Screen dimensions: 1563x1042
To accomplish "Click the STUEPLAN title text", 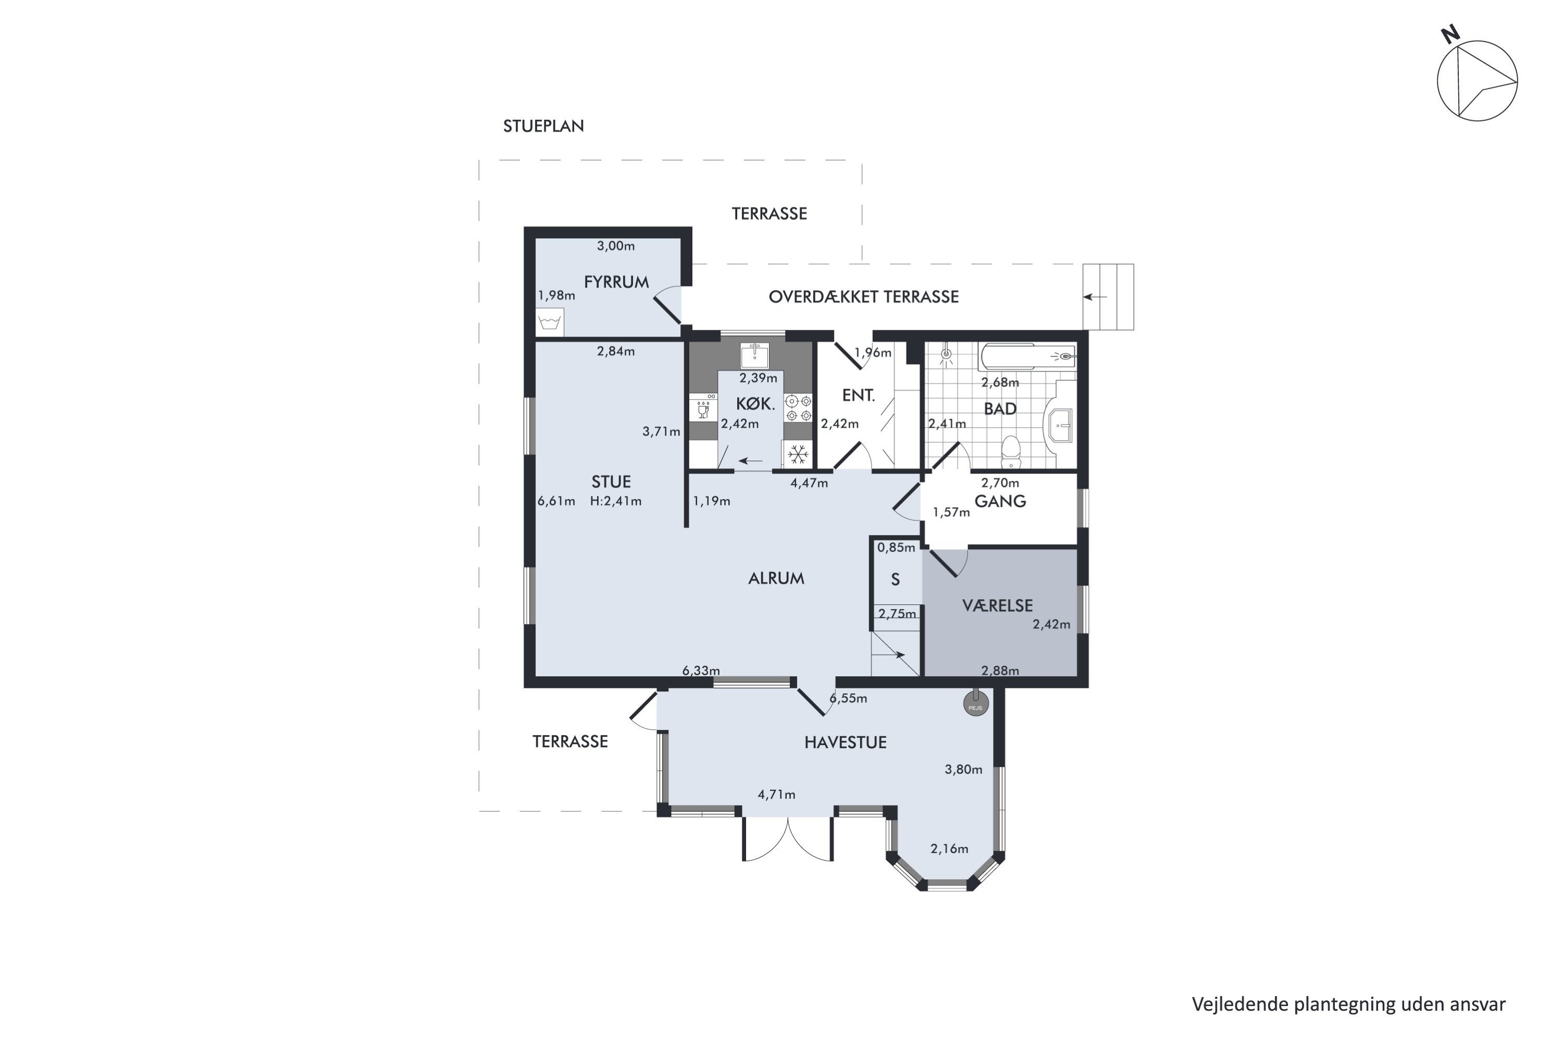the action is pyautogui.click(x=543, y=126).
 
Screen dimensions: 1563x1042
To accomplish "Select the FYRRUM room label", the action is pyautogui.click(x=616, y=282).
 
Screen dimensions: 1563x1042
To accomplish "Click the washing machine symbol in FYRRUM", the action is pyautogui.click(x=550, y=323).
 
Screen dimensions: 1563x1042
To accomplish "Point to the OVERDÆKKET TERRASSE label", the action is pyautogui.click(x=863, y=296).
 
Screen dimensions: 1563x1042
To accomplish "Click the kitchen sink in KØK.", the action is pyautogui.click(x=754, y=355).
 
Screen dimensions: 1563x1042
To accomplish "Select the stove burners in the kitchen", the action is pyautogui.click(x=798, y=408).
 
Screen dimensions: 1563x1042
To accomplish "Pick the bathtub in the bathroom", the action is pyautogui.click(x=1027, y=357).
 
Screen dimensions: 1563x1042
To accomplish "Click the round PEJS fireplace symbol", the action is pyautogui.click(x=975, y=703).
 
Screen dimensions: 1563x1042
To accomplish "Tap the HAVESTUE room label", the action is pyautogui.click(x=845, y=742).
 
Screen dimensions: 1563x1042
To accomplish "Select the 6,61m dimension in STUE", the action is pyautogui.click(x=556, y=501).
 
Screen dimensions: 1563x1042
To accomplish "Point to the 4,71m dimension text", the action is pyautogui.click(x=776, y=794).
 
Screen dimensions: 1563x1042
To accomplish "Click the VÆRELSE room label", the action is pyautogui.click(x=998, y=605).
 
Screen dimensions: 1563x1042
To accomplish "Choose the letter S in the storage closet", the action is pyautogui.click(x=895, y=579).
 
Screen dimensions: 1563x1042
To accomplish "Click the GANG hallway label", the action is pyautogui.click(x=1000, y=501).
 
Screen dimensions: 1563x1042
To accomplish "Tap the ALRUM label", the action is pyautogui.click(x=776, y=578).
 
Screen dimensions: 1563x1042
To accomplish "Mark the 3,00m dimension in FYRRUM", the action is pyautogui.click(x=615, y=246).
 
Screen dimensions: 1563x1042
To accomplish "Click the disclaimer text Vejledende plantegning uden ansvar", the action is pyautogui.click(x=1348, y=1004).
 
